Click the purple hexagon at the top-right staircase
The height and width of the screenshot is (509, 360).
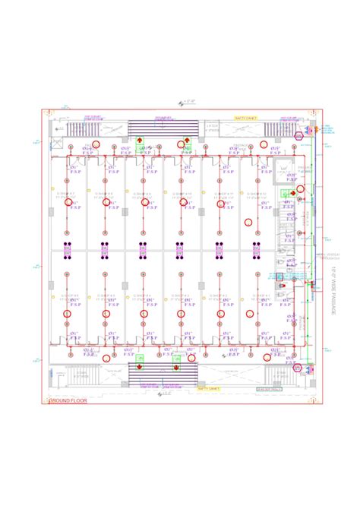pos(298,134)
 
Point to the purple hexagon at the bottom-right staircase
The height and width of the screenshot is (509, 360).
pos(298,368)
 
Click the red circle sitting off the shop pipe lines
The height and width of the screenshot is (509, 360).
pos(248,223)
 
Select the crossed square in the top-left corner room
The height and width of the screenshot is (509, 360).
pos(58,143)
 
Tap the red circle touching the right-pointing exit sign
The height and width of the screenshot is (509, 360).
pos(300,188)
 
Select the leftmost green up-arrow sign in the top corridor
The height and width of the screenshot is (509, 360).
pos(140,141)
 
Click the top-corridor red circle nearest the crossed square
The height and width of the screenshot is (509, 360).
pos(96,144)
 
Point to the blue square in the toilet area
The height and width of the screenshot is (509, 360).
pos(279,275)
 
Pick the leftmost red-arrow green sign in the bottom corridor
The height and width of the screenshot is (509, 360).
pos(139,367)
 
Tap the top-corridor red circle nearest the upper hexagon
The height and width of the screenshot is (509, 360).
pos(264,144)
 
